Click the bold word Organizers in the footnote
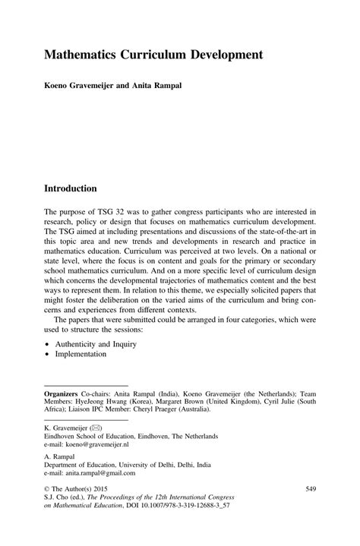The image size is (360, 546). [x=65, y=393]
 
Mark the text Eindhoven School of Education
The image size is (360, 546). [x=94, y=437]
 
